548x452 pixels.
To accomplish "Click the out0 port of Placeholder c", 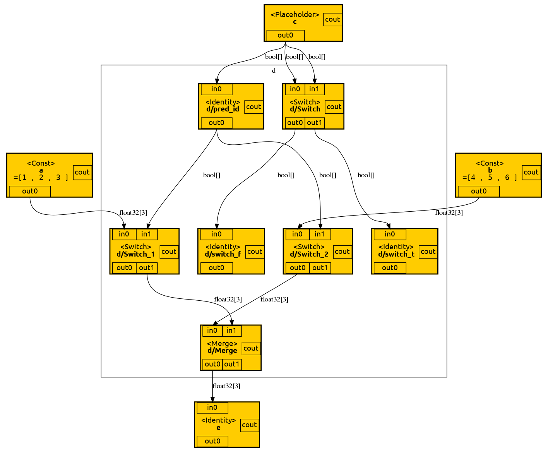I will (285, 35).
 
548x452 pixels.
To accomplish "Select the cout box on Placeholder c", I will (332, 19).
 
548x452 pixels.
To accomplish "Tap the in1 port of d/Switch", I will (314, 89).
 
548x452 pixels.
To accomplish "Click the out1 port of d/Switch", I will (314, 123).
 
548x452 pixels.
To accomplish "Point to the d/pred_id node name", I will (223, 109).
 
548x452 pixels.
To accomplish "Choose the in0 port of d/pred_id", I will (216, 89).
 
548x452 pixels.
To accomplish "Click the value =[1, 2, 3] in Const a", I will (41, 178).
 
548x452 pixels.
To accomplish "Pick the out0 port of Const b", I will (478, 191).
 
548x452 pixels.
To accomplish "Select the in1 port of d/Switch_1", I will (146, 234).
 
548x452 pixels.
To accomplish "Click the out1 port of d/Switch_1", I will (146, 268).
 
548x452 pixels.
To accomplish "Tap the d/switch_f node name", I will (223, 254).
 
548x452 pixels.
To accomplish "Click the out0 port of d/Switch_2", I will (297, 268).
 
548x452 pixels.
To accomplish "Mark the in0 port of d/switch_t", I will (390, 234).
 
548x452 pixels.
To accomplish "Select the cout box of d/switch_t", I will (428, 252).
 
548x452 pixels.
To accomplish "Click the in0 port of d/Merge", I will (212, 330).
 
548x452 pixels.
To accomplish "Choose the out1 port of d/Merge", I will (231, 364).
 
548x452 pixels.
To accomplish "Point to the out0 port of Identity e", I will (212, 441).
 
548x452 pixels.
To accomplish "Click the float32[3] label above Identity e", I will (226, 386).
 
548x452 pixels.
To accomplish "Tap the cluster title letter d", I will (274, 71).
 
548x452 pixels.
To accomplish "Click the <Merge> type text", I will (222, 344).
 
